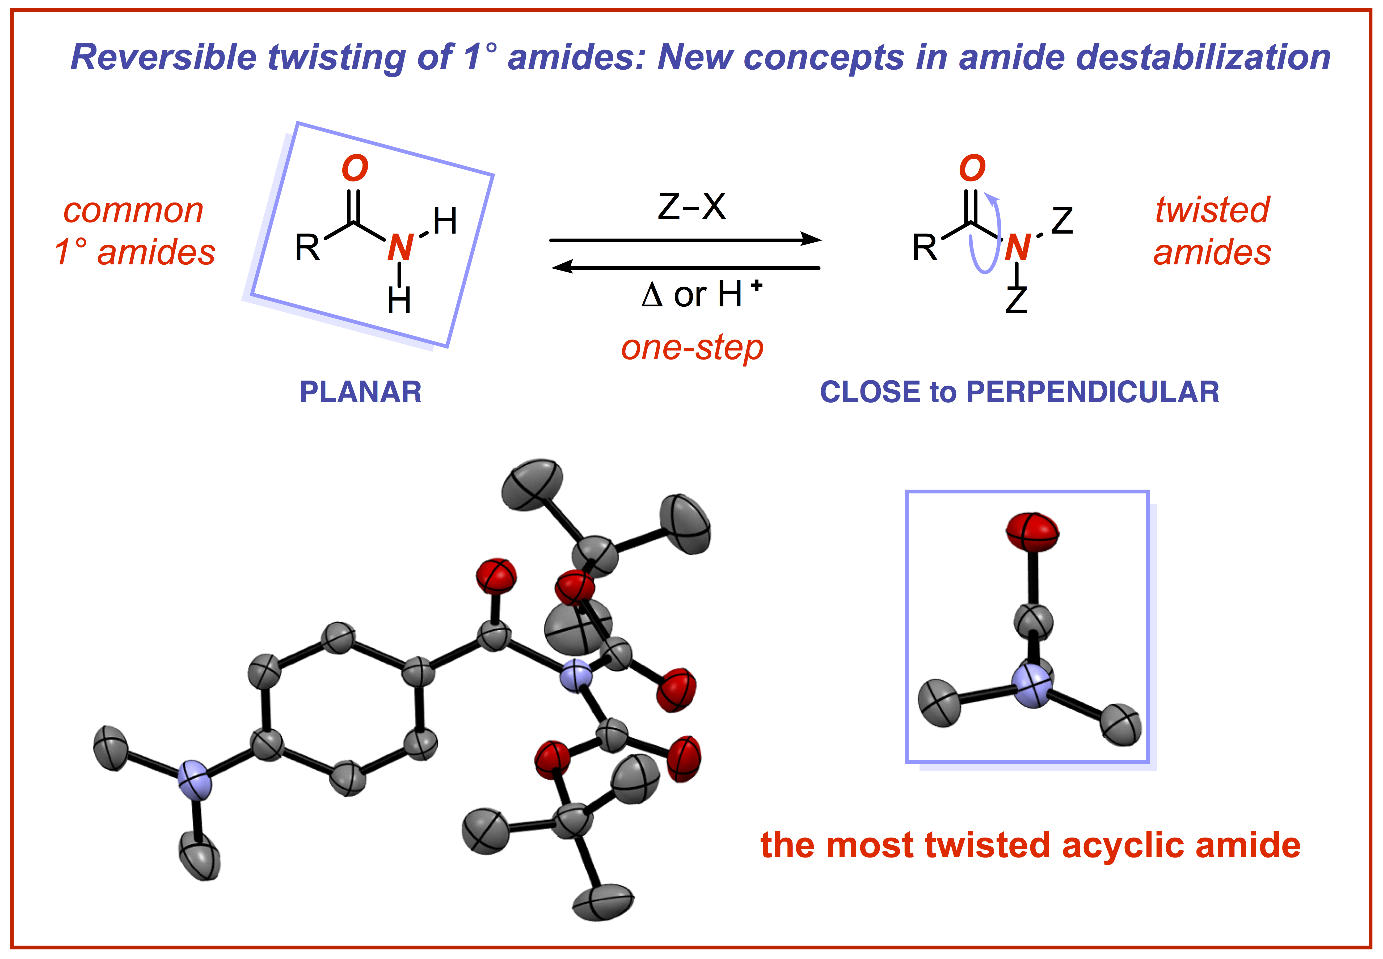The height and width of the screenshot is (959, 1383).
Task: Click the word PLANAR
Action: (x=360, y=392)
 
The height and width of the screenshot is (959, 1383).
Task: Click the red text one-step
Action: (x=692, y=348)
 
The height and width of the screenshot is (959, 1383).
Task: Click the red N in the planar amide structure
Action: (x=400, y=247)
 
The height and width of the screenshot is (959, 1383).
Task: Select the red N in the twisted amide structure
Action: (x=1017, y=247)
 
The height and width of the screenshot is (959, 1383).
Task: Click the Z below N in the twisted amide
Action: (x=1017, y=301)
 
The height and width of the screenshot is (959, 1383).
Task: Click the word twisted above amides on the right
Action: (x=1212, y=210)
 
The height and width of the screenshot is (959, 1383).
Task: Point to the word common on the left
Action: (x=133, y=211)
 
